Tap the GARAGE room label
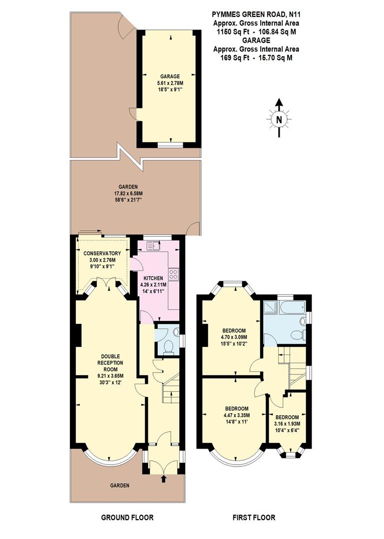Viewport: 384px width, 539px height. pyautogui.click(x=170, y=76)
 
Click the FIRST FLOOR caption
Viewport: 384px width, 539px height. pyautogui.click(x=254, y=517)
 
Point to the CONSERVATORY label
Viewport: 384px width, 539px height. pyautogui.click(x=102, y=253)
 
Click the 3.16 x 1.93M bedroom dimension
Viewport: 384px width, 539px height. pyautogui.click(x=287, y=424)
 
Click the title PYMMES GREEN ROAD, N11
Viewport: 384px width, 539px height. pyautogui.click(x=256, y=15)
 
